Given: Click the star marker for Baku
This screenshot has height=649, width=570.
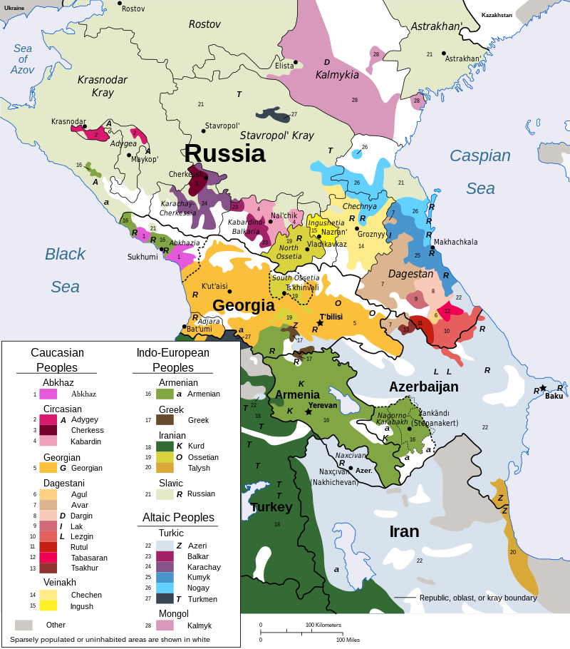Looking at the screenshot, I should click(x=543, y=388).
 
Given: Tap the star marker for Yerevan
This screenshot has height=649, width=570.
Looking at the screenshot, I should click(x=309, y=412).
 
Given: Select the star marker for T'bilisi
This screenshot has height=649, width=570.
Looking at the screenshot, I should click(x=320, y=323).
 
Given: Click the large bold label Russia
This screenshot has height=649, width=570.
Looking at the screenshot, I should click(x=224, y=153).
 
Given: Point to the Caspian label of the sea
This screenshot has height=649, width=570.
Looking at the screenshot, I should click(x=480, y=155).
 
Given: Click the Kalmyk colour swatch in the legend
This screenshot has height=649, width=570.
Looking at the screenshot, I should click(x=165, y=625).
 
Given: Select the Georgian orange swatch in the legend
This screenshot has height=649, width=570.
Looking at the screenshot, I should click(x=48, y=468).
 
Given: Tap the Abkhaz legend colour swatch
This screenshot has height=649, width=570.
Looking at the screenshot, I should click(x=48, y=394).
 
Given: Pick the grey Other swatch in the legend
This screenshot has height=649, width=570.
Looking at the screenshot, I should click(x=24, y=625).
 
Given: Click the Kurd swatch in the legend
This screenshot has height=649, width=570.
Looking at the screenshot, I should click(x=165, y=446).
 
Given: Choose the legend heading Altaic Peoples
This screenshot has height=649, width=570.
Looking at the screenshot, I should click(x=178, y=517).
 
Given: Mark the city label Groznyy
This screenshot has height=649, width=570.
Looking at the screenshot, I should click(x=371, y=235).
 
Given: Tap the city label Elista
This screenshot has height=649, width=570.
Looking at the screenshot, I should click(x=284, y=66).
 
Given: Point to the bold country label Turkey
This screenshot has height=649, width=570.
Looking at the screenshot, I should click(x=271, y=507).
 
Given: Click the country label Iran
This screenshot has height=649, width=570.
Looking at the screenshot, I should click(x=404, y=531).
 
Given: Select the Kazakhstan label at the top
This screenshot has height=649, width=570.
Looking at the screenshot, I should click(x=497, y=15).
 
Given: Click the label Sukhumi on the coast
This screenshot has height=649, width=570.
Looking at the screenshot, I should click(x=142, y=257).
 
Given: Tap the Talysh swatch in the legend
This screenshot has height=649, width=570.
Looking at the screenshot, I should click(x=165, y=468).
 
